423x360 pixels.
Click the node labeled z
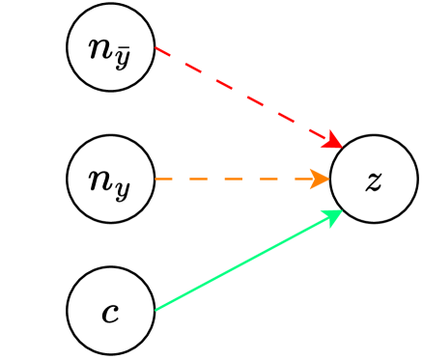tap(374, 180)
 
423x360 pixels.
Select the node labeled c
tap(110, 312)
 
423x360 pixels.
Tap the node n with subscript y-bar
tap(110, 48)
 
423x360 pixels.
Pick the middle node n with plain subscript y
tap(110, 180)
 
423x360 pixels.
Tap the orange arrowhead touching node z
tap(321, 180)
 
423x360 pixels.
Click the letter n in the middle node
tap(99, 180)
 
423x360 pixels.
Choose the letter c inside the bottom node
tap(110, 313)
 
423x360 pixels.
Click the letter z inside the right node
tap(374, 180)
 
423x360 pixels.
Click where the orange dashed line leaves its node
tap(155, 180)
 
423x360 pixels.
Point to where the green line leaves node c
tap(155, 309)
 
